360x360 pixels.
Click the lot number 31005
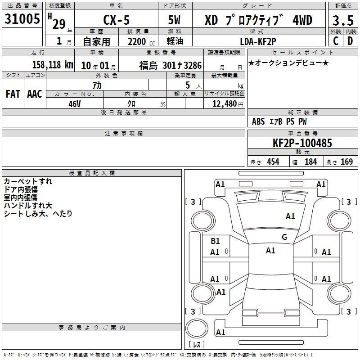point(22,19)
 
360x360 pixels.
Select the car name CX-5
point(117,20)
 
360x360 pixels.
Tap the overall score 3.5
point(343,21)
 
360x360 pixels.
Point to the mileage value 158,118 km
point(53,64)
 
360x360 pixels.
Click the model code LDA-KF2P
point(258,41)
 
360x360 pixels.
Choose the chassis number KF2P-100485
point(302,143)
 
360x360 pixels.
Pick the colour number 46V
point(75,104)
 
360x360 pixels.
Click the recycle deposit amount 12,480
point(224,104)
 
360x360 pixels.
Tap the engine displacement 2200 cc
point(141,41)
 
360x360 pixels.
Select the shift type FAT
point(13,94)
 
